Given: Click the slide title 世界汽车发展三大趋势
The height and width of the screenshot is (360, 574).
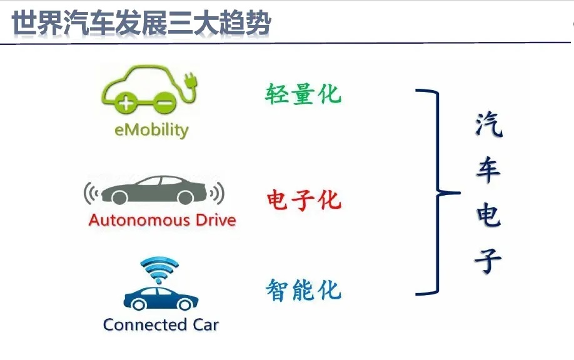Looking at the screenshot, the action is pos(141,22).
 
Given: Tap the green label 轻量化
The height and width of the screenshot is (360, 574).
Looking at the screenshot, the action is pos(303,94).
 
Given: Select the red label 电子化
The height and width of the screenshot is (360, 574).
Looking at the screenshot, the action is pos(303,200).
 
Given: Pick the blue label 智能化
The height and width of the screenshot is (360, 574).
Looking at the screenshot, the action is pos(303,290).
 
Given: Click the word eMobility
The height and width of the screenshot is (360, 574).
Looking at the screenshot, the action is pos(151,130).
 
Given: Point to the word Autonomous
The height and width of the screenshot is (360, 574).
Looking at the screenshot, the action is pos(139,220).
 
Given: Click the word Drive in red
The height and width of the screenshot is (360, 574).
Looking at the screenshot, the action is pos(216,220).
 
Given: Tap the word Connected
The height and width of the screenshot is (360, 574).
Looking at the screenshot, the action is pos(145,324).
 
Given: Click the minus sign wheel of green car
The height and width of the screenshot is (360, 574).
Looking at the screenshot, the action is pos(164,102).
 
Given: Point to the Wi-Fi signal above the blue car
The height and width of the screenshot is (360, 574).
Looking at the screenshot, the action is pos(159,269).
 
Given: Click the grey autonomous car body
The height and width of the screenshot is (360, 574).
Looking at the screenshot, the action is pos(154,190).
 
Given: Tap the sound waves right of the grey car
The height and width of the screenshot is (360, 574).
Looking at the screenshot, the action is pos(217,192).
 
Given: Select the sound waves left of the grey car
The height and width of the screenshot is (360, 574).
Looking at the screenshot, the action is pos(91,192).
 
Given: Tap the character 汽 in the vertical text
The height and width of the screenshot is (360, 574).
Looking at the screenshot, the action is pos(489,125).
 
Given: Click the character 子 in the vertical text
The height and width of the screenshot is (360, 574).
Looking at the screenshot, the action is pos(488,260).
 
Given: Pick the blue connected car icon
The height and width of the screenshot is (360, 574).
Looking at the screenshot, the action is pos(161,298).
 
